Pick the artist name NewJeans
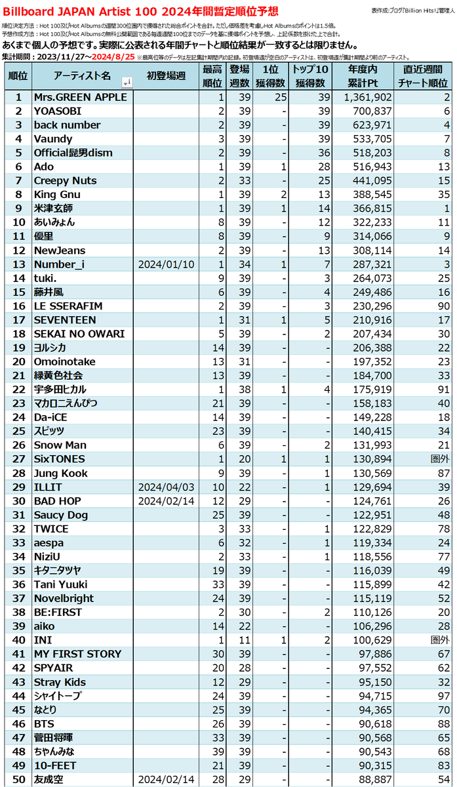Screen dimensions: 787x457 click(60, 251)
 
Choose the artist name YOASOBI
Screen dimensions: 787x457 click(58, 111)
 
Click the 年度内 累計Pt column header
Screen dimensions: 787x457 click(362, 76)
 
